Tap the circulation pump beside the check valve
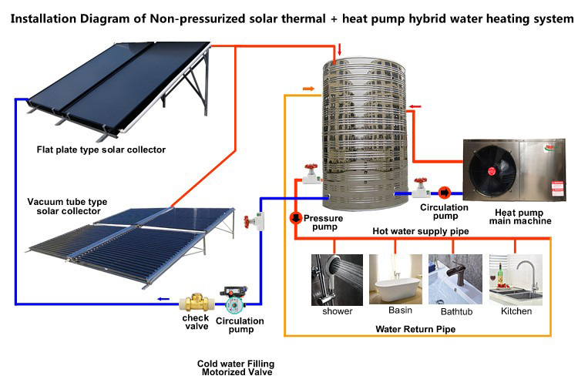point(234,300)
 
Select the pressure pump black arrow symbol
point(296,217)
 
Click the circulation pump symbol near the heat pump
point(445,193)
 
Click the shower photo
point(337,280)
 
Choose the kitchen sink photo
point(516,280)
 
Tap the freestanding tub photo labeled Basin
point(395,279)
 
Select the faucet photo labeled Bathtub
point(455,279)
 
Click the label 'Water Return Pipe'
point(415,329)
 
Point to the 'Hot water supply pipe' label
point(421,231)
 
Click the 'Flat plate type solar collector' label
point(101,149)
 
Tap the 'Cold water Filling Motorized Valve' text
point(237,368)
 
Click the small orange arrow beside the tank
point(308,89)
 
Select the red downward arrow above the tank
point(340,49)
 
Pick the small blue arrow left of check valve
point(163,299)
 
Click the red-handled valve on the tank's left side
point(311,174)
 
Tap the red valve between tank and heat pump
point(421,187)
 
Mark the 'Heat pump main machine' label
point(520,216)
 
